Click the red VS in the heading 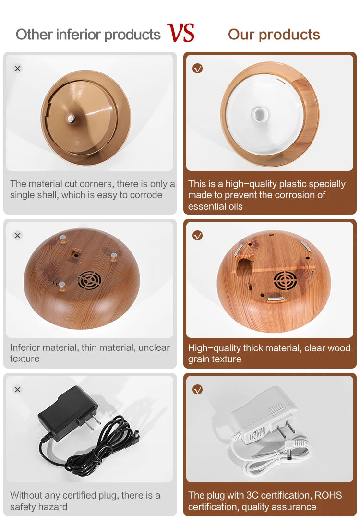(181, 33)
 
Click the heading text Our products (274, 35)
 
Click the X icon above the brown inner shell (18, 69)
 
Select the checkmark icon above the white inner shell (197, 69)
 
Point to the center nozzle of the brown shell (71, 118)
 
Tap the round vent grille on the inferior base (90, 280)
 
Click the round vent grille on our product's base (285, 280)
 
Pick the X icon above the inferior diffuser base (18, 235)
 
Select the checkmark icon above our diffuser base (197, 235)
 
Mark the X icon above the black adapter (18, 389)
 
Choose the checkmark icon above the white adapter (197, 389)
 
